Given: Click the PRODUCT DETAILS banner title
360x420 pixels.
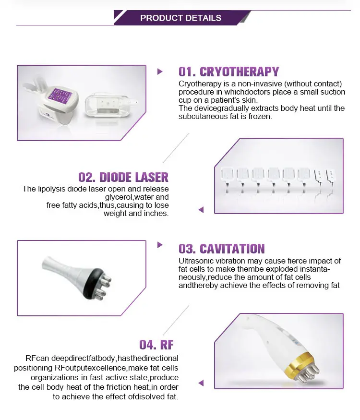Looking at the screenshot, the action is click(181, 18).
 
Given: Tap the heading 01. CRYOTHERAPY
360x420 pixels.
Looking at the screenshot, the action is click(229, 72).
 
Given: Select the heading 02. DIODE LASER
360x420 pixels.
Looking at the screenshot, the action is click(123, 177).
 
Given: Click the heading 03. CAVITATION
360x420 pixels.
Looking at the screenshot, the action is click(221, 249).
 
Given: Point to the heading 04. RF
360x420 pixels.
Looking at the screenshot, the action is click(156, 345).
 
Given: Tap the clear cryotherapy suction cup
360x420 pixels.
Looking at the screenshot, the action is click(109, 105).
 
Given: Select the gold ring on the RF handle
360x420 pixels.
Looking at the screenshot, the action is click(299, 364).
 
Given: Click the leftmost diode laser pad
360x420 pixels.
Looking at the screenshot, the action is click(227, 180).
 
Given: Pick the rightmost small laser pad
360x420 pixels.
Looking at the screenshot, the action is click(331, 180).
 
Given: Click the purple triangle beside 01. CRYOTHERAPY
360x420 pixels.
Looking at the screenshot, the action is click(160, 72).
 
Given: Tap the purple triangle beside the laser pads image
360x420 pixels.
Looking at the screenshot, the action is click(201, 210).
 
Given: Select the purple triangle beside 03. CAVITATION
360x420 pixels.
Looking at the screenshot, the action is click(160, 244).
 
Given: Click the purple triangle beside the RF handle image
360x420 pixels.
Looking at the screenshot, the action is click(201, 383).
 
